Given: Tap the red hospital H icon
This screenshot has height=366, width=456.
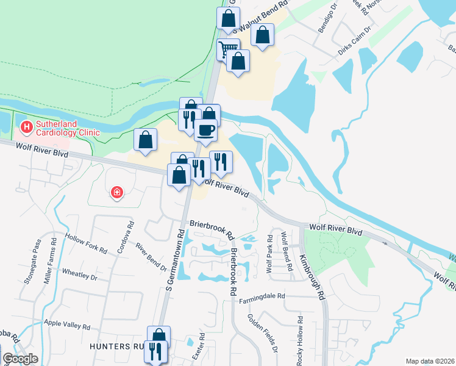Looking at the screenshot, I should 27,127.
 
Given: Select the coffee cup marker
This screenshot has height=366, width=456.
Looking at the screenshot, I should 205,130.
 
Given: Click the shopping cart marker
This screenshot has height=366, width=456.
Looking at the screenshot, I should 228,49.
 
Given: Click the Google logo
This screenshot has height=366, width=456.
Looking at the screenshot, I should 20,359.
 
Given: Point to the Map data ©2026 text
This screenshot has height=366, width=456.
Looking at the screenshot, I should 430,361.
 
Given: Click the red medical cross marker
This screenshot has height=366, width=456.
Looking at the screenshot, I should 116,193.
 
